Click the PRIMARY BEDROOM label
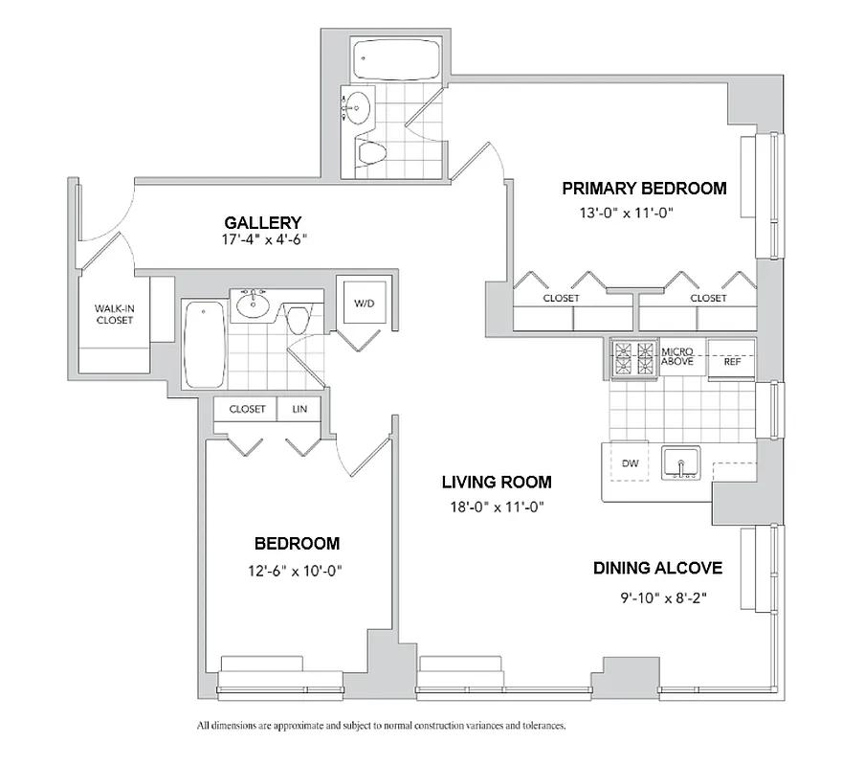[x=644, y=189]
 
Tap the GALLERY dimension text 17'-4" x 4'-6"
[x=263, y=239]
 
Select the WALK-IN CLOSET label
[x=113, y=314]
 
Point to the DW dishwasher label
[x=630, y=463]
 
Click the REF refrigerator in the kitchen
[x=732, y=362]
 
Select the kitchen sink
[x=683, y=463]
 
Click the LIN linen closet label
[x=299, y=409]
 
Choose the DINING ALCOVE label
[x=657, y=569]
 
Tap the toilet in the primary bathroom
[x=371, y=151]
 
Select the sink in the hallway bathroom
[x=254, y=304]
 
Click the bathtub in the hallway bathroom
[x=202, y=344]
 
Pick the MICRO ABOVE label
[x=677, y=357]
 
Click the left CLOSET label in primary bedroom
[x=561, y=298]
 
